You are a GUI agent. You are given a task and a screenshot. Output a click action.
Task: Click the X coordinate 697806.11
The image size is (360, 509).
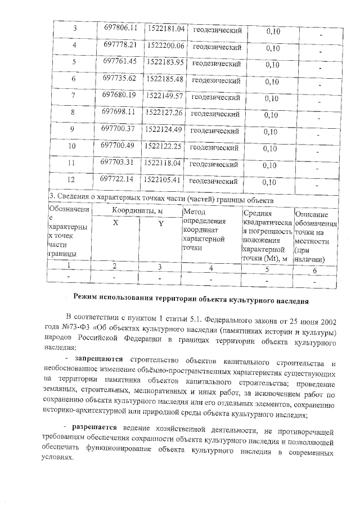121,28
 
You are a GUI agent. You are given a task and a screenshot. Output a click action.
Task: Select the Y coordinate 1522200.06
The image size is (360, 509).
164,45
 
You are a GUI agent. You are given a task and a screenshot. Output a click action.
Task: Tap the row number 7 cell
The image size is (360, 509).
73,96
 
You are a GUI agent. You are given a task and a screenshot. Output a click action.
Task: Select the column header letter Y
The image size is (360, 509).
160,223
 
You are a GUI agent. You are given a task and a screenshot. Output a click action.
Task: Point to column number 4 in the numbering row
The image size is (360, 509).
210,268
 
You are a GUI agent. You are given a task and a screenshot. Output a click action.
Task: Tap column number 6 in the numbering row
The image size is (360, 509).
314,270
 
